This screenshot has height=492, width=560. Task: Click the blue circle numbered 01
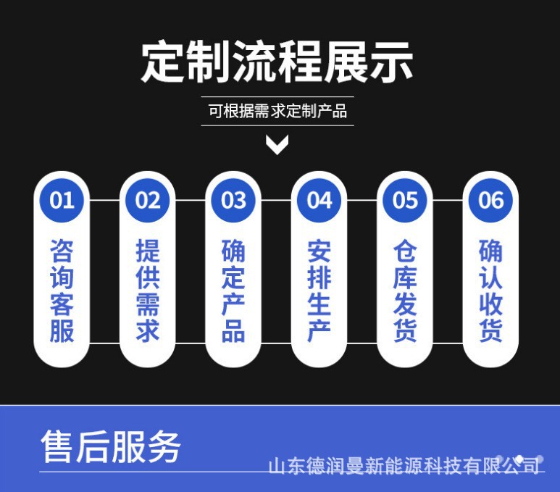[x=62, y=200]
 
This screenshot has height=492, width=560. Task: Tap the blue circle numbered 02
[x=147, y=200]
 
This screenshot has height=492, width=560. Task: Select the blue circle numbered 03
[x=233, y=200]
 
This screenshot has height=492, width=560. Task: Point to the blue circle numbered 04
[x=319, y=200]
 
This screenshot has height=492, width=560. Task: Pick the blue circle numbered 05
[x=405, y=200]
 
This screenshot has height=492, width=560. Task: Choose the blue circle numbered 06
[x=490, y=200]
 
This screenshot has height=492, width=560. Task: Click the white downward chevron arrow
[x=277, y=145]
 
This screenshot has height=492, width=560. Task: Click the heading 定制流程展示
[x=277, y=62]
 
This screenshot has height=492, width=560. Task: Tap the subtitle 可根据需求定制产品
[x=277, y=112]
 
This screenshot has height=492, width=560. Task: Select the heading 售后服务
[x=110, y=446]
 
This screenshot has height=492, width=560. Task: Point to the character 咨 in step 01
[x=62, y=251]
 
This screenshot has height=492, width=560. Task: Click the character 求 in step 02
[x=148, y=330]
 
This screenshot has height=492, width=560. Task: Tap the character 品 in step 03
[x=233, y=330]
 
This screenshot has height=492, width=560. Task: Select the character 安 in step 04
[x=319, y=251]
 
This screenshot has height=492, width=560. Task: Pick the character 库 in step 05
[x=405, y=278]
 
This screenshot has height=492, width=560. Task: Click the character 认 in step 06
[x=490, y=278]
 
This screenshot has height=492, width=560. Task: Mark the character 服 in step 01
[x=62, y=330]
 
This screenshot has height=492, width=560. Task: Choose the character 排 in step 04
[x=319, y=278]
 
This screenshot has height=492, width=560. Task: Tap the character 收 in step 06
[x=490, y=304]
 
